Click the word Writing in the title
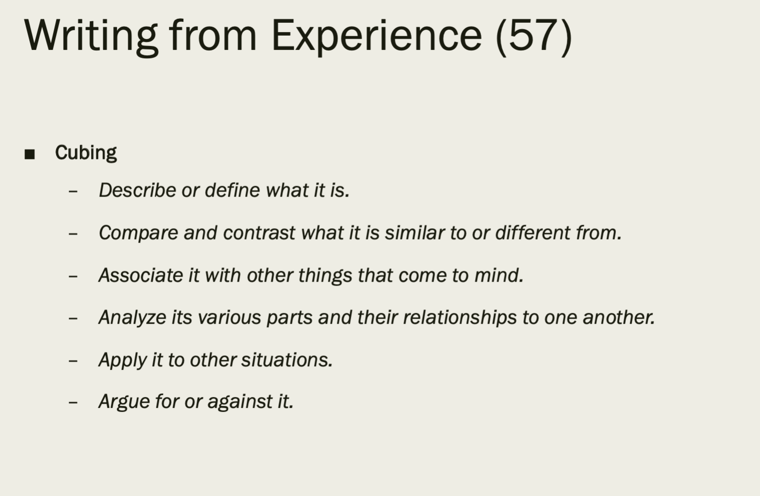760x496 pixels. click(x=91, y=37)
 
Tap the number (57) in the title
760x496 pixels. click(x=534, y=37)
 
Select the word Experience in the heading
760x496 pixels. click(x=377, y=37)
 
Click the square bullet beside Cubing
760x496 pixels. click(x=30, y=154)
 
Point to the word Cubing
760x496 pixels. click(x=86, y=153)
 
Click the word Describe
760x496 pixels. click(x=137, y=190)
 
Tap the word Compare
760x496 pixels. click(x=138, y=233)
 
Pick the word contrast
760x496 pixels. click(x=259, y=233)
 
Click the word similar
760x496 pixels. click(x=414, y=233)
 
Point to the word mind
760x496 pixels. click(x=499, y=275)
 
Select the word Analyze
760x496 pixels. click(x=132, y=318)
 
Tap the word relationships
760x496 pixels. click(x=460, y=318)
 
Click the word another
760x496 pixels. click(x=619, y=317)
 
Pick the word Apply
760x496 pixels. click(x=122, y=360)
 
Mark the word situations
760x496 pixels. click(x=287, y=359)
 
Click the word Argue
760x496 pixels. click(x=124, y=402)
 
